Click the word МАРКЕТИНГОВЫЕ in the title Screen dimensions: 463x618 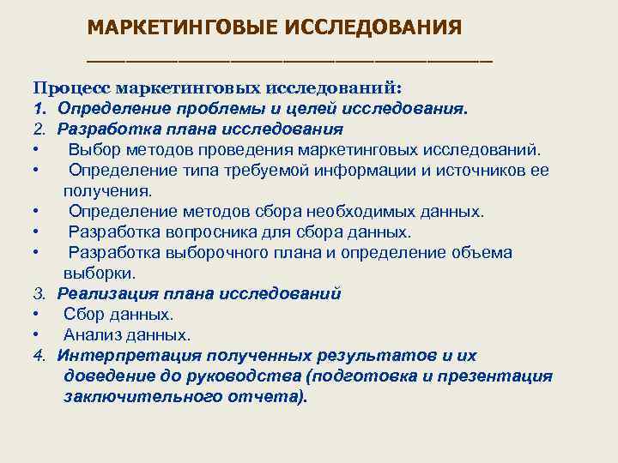(x=177, y=27)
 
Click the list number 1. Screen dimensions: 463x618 (x=39, y=110)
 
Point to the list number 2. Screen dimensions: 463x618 (x=39, y=129)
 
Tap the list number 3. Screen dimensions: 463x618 (x=39, y=294)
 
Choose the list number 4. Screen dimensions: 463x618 (x=39, y=356)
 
